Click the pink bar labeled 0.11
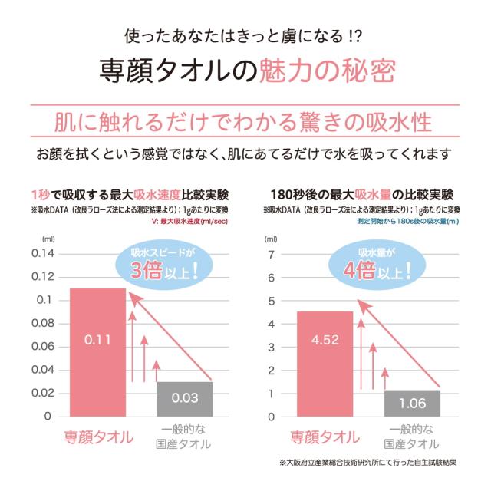tap(97, 352)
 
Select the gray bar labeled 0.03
tap(185, 398)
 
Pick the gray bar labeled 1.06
tap(412, 403)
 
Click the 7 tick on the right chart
tap(270, 255)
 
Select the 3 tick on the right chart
tap(270, 348)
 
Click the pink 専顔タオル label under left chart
tap(97, 437)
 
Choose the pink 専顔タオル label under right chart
tap(324, 437)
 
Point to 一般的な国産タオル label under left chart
tap(185, 437)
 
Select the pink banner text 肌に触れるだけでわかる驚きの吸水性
tap(242, 122)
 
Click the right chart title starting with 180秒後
tap(362, 193)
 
